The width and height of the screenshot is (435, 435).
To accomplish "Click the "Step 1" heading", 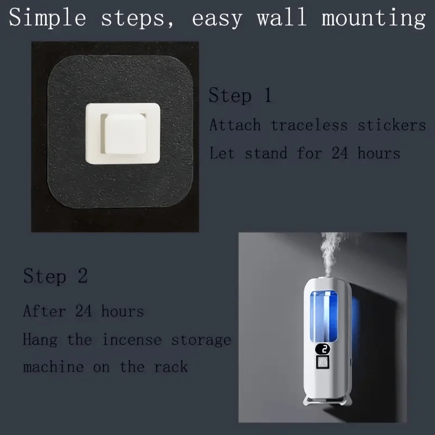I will pyautogui.click(x=240, y=96).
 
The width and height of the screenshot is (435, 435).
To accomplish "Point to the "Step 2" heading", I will pyautogui.click(x=55, y=276).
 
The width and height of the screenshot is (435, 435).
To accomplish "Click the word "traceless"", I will pyautogui.click(x=309, y=125).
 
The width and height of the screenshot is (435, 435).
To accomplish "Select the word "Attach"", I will pyautogui.click(x=235, y=125).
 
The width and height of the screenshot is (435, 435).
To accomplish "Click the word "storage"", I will pyautogui.click(x=201, y=340).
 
